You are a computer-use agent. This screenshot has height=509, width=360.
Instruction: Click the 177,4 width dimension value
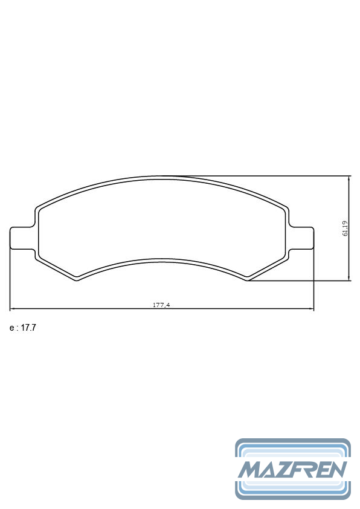pyautogui.click(x=161, y=305)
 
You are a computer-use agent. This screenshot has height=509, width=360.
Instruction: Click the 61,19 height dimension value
pyautogui.click(x=345, y=229)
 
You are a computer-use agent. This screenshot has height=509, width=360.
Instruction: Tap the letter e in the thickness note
pyautogui.click(x=11, y=328)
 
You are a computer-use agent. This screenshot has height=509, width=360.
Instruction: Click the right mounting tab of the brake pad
pyautogui.click(x=301, y=237)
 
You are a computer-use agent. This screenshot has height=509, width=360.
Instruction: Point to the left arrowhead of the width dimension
pyautogui.click(x=12, y=309)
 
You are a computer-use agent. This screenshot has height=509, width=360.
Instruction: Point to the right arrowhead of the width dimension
pyautogui.click(x=312, y=309)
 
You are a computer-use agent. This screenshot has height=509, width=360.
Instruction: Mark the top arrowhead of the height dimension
pyautogui.click(x=350, y=178)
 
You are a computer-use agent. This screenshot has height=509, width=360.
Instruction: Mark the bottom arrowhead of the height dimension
pyautogui.click(x=350, y=278)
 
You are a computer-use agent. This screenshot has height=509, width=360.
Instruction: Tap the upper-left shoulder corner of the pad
pyautogui.click(x=39, y=207)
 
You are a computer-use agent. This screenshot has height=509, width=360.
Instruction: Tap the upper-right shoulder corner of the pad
pyautogui.click(x=286, y=207)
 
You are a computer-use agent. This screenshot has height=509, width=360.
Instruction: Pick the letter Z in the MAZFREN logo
pyautogui.click(x=286, y=469)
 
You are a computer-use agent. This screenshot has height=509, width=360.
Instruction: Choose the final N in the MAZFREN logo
pyautogui.click(x=337, y=469)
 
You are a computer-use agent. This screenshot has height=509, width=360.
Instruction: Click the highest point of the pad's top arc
pyautogui.click(x=162, y=177)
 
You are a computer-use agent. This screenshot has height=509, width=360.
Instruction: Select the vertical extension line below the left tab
pyautogui.click(x=10, y=278)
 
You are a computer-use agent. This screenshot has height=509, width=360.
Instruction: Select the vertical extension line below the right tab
pyautogui.click(x=314, y=278)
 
